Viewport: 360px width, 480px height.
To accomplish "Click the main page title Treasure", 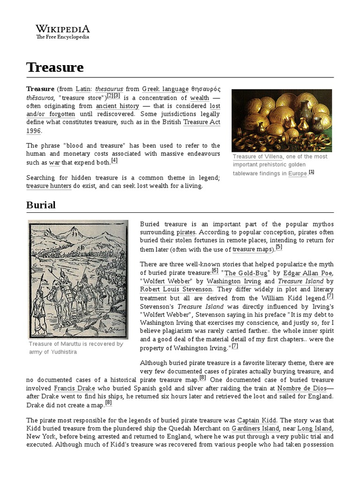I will pyautogui.click(x=55, y=67).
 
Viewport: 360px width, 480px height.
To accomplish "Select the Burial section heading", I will pyautogui.click(x=41, y=205).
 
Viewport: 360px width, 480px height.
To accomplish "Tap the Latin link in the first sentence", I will pyautogui.click(x=83, y=89).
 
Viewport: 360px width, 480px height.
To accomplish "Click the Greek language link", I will pyautogui.click(x=165, y=89).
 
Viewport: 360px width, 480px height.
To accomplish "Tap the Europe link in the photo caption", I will pyautogui.click(x=297, y=173).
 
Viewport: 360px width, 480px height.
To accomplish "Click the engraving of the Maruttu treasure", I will pyautogui.click(x=78, y=279).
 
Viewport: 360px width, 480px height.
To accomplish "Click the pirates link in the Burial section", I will pyautogui.click(x=185, y=232).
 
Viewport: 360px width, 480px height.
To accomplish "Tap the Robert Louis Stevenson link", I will pyautogui.click(x=176, y=289).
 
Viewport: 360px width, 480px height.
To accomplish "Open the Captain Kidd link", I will pyautogui.click(x=257, y=420).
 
